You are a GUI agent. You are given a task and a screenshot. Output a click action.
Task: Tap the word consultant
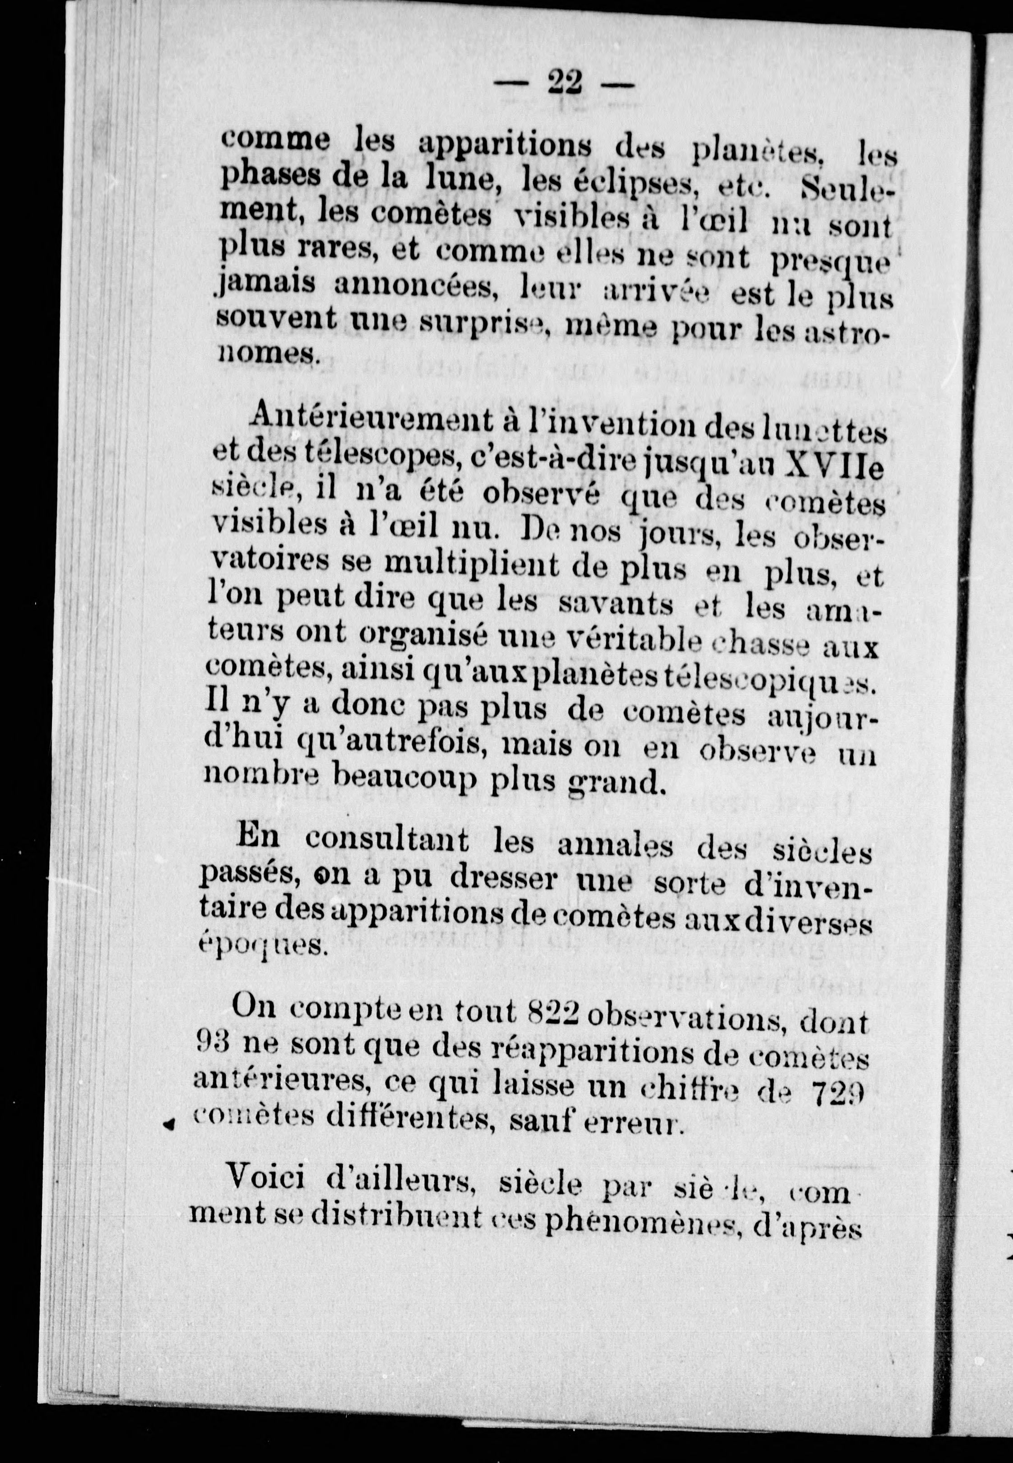pos(387,841)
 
